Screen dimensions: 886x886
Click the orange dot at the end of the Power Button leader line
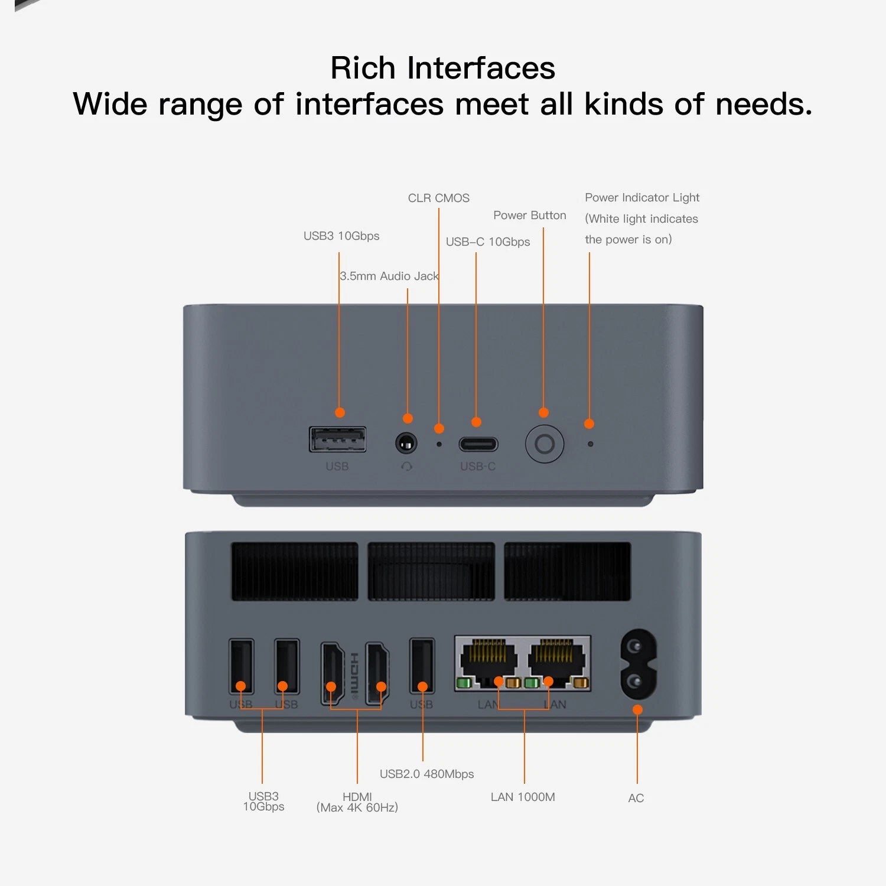(x=543, y=412)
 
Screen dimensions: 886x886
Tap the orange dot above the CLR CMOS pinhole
(x=439, y=428)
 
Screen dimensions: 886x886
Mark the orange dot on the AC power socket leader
(x=637, y=709)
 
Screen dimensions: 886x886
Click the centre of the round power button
(x=545, y=444)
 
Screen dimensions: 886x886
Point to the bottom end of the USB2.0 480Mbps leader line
(x=422, y=761)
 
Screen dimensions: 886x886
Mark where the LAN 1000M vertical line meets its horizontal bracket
(x=525, y=709)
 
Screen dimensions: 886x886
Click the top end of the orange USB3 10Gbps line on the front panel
(x=339, y=253)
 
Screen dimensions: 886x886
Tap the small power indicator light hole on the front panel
(x=590, y=444)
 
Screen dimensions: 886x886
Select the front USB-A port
(x=338, y=439)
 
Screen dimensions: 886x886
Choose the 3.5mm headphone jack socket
(x=406, y=443)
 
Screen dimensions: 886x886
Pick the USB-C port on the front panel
(x=478, y=444)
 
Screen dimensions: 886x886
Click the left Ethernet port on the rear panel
(x=488, y=663)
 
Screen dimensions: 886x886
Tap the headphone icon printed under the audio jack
(x=406, y=466)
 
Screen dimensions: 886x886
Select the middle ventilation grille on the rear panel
(x=431, y=572)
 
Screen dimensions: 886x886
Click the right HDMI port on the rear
(x=377, y=673)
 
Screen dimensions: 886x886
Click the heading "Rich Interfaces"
(x=443, y=68)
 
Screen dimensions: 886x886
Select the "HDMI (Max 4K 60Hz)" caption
(x=357, y=802)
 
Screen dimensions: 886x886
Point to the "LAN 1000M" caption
(x=523, y=797)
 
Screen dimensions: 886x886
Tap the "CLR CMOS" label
(x=439, y=198)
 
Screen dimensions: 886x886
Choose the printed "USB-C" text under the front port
(x=478, y=466)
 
